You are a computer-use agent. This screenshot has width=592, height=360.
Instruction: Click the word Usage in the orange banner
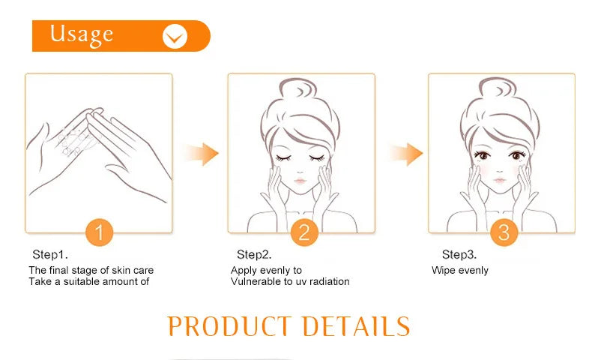(x=82, y=34)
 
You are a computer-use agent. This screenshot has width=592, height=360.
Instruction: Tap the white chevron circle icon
(x=175, y=35)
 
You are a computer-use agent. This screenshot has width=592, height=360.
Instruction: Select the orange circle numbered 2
(x=303, y=232)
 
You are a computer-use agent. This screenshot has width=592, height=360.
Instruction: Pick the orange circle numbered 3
(x=504, y=232)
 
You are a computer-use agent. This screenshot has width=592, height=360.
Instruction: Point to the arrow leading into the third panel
(x=405, y=154)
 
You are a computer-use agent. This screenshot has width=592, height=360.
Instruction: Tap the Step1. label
(x=51, y=255)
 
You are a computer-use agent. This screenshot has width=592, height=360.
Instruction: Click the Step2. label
(x=254, y=255)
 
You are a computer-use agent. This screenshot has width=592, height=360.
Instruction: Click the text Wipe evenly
(x=459, y=270)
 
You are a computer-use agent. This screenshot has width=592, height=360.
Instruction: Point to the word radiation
(x=326, y=282)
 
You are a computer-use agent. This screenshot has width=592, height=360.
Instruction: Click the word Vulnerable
(x=255, y=282)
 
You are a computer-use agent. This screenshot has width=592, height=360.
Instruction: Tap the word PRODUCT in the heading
(x=229, y=326)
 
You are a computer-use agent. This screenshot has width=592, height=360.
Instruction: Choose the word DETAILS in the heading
(x=356, y=326)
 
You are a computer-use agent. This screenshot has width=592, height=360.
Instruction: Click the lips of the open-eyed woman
(x=501, y=181)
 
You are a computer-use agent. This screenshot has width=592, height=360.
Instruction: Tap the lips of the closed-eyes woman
(x=299, y=181)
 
